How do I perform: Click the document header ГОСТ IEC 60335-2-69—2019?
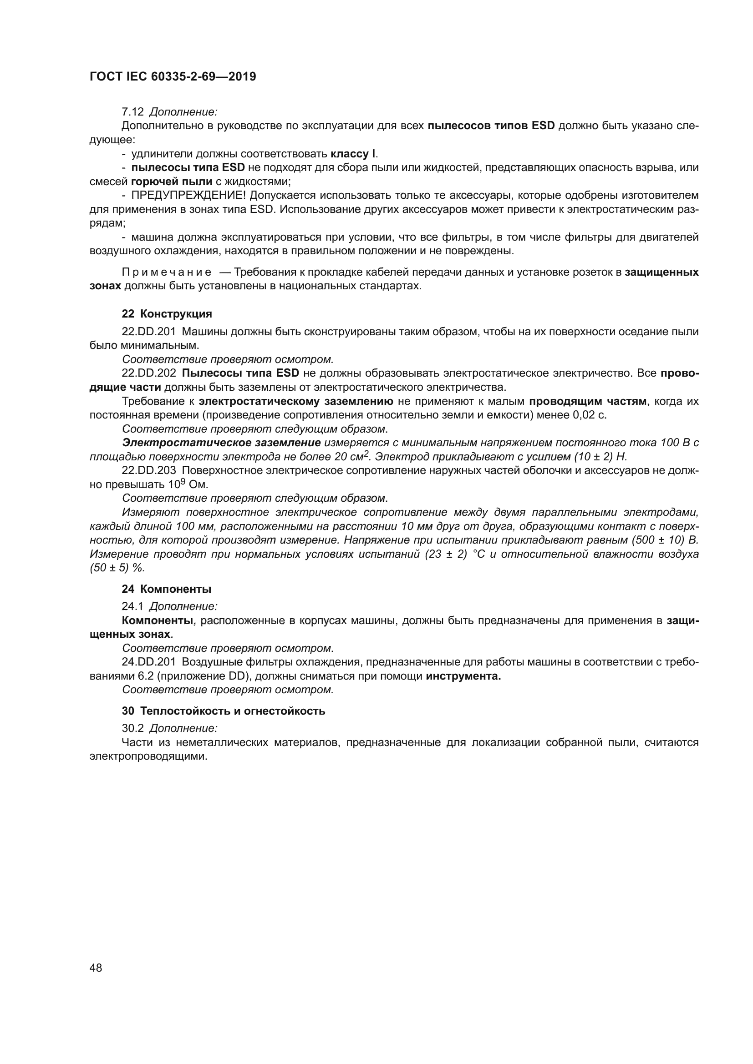pyautogui.click(x=173, y=77)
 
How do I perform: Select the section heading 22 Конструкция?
pyautogui.click(x=167, y=314)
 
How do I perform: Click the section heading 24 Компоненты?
pyautogui.click(x=167, y=589)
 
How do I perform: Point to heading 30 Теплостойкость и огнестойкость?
pyautogui.click(x=224, y=711)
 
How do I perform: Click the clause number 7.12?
pyautogui.click(x=132, y=112)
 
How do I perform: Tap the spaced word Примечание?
pyautogui.click(x=167, y=272)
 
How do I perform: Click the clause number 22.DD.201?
pyautogui.click(x=149, y=331)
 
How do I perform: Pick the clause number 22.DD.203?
pyautogui.click(x=149, y=470)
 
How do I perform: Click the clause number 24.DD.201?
pyautogui.click(x=149, y=662)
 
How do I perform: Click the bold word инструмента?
pyautogui.click(x=463, y=676)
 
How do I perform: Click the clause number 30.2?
pyautogui.click(x=132, y=727)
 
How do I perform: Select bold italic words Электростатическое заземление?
pyautogui.click(x=222, y=443)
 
